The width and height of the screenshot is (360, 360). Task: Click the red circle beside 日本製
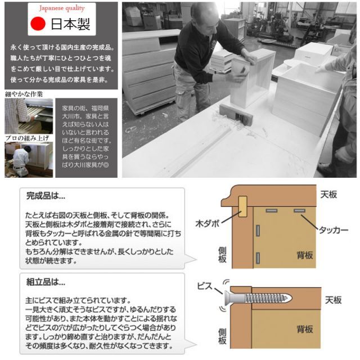click(38, 25)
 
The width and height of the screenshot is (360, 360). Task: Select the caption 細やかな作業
click(23, 94)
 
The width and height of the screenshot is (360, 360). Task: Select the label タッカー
click(334, 230)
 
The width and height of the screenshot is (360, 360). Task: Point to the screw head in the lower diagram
click(227, 296)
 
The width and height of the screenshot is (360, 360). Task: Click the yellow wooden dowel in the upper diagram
click(243, 206)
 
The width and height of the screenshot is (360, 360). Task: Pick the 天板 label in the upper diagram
click(328, 195)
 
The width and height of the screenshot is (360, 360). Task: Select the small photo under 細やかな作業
click(29, 116)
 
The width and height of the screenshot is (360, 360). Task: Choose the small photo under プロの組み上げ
click(29, 160)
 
